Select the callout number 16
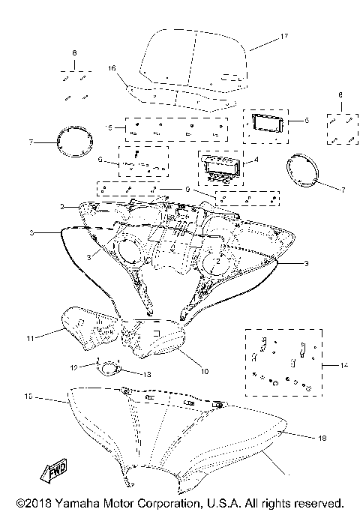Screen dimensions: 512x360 click(x=112, y=68)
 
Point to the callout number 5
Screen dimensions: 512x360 click(x=305, y=120)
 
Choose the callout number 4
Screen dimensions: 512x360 click(x=258, y=160)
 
